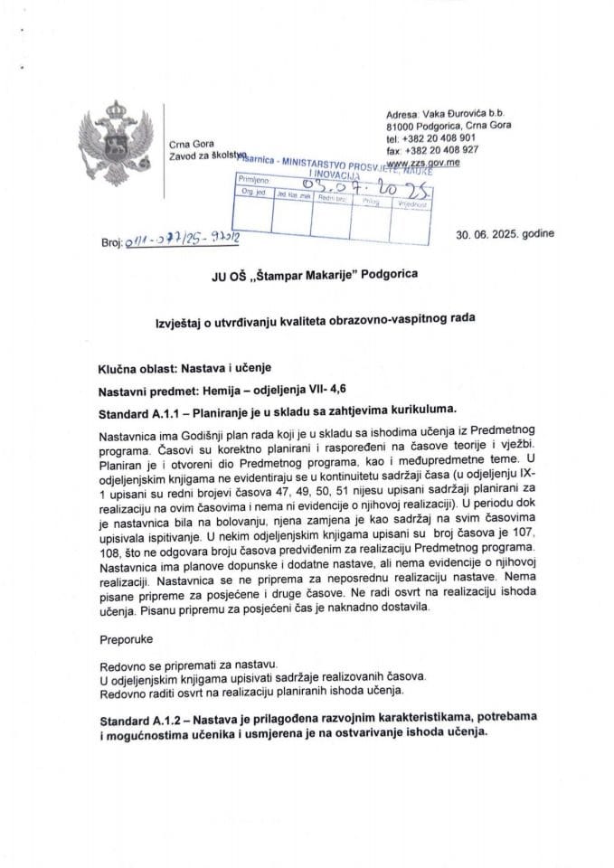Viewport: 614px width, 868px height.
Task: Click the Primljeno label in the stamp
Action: (x=256, y=182)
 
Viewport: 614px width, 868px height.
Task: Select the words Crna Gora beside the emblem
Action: (x=186, y=145)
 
